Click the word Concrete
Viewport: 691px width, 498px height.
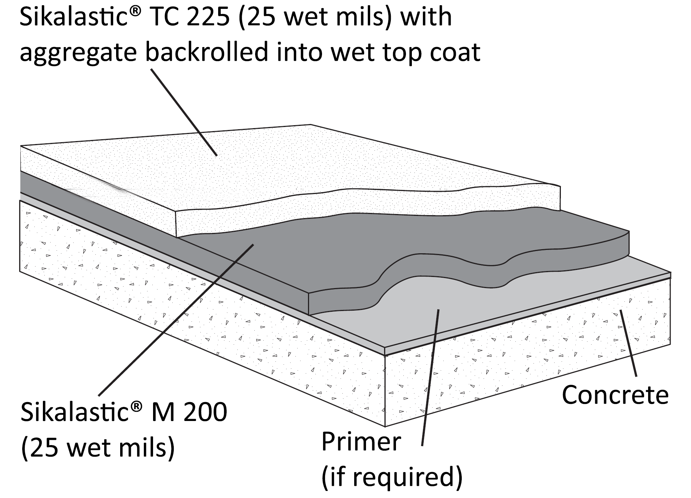coord(615,395)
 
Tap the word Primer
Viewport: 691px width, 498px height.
coord(361,441)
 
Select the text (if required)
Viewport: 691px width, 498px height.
coord(392,478)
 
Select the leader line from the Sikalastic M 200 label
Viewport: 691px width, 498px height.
coord(176,320)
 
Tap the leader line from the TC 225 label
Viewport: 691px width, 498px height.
coord(184,112)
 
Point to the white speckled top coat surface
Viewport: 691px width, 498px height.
coord(259,167)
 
